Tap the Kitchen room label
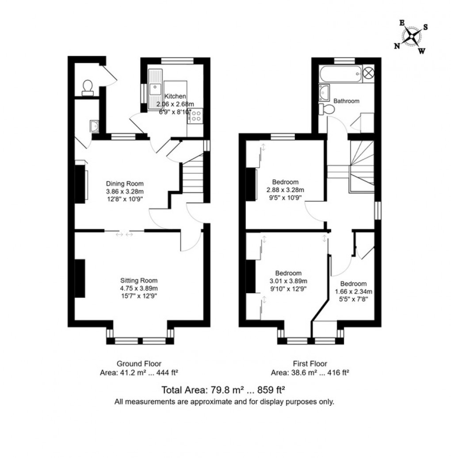[176, 96]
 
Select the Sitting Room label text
[139, 280]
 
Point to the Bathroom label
[346, 101]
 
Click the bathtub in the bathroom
[340, 72]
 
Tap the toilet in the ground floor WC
[88, 87]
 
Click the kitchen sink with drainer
[155, 89]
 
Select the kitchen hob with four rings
[195, 116]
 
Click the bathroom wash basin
[324, 92]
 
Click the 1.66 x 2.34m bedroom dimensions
[353, 291]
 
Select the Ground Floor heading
[136, 364]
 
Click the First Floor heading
[310, 364]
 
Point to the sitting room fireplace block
[80, 279]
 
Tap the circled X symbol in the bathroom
[368, 72]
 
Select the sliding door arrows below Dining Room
[124, 235]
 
